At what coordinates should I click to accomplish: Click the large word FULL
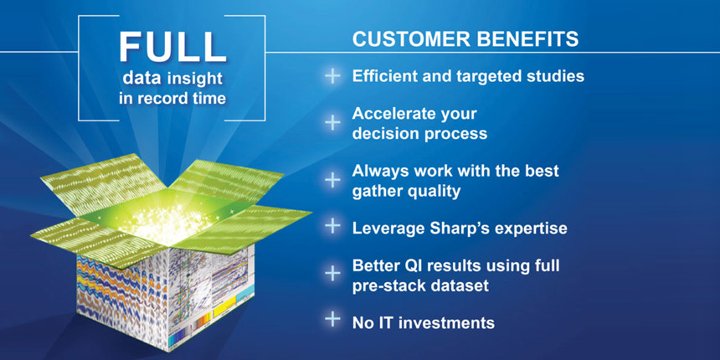click(x=172, y=47)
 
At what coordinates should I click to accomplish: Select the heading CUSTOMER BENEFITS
click(x=465, y=39)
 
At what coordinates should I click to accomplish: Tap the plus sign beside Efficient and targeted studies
click(x=332, y=76)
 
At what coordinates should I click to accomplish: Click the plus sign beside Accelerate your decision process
click(x=332, y=122)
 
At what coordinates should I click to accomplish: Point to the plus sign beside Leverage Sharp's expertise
click(x=332, y=226)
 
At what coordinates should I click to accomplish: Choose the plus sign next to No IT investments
click(x=332, y=320)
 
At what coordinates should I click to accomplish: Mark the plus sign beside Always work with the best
click(x=332, y=180)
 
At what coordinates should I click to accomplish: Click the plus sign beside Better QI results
click(x=332, y=274)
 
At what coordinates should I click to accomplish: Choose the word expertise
click(x=527, y=229)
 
